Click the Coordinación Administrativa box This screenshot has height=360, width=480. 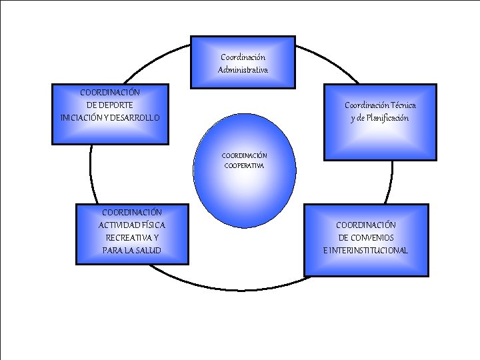243,62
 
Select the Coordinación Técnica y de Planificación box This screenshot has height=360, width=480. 380,121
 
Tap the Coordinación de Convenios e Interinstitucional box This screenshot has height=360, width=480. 365,239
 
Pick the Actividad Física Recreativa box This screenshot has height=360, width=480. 132,233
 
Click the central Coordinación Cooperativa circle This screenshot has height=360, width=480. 244,170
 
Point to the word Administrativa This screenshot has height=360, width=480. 243,70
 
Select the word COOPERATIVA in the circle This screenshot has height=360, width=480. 244,165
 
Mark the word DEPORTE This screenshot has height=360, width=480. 110,105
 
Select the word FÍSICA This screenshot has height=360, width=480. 152,225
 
